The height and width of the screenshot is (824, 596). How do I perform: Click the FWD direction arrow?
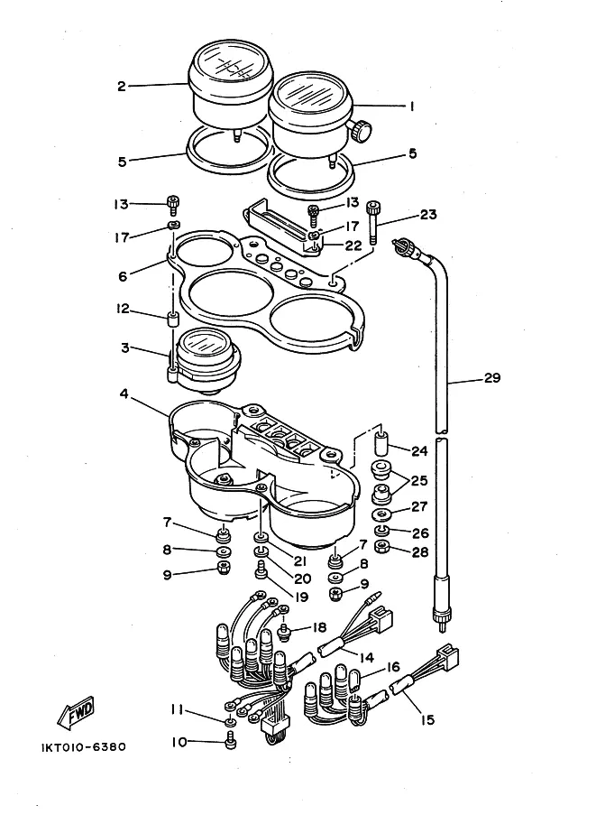coord(75,713)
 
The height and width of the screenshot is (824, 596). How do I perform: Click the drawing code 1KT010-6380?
coord(84,746)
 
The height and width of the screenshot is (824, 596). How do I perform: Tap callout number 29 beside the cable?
coord(492,377)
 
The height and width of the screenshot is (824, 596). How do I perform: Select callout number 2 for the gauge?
coord(122,86)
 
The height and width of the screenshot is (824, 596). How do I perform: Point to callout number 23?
coord(428,215)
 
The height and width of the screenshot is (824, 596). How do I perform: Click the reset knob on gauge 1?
coord(362,130)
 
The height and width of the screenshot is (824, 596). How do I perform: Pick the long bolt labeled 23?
coord(373,222)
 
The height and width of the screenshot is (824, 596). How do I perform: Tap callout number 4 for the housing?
coord(124,393)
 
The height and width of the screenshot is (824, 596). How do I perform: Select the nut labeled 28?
coord(381,547)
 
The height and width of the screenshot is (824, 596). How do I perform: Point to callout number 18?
coord(319,627)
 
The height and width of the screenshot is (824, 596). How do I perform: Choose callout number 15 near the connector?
coord(428,719)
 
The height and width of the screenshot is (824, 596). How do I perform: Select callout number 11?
coord(177,710)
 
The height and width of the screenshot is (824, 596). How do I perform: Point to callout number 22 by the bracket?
coord(353,245)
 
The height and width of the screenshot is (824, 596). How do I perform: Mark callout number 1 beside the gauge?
coord(412,106)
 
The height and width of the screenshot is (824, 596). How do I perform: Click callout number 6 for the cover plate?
coord(123,276)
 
